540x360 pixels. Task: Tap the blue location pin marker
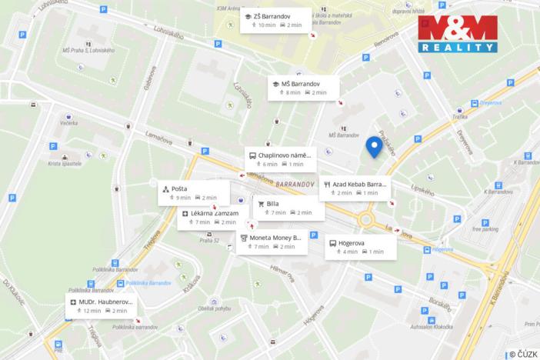coord(375,146)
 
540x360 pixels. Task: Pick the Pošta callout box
coord(193,192)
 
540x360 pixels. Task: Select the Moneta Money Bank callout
coord(273,242)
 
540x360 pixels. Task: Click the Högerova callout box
coord(360,246)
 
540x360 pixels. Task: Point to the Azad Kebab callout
coord(355,188)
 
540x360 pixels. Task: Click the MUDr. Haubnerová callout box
coord(102,305)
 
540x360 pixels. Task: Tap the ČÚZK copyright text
coord(522,353)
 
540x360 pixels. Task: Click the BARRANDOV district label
coord(295,185)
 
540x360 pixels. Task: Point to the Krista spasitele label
coord(64,164)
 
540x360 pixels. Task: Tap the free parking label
coord(485,228)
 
